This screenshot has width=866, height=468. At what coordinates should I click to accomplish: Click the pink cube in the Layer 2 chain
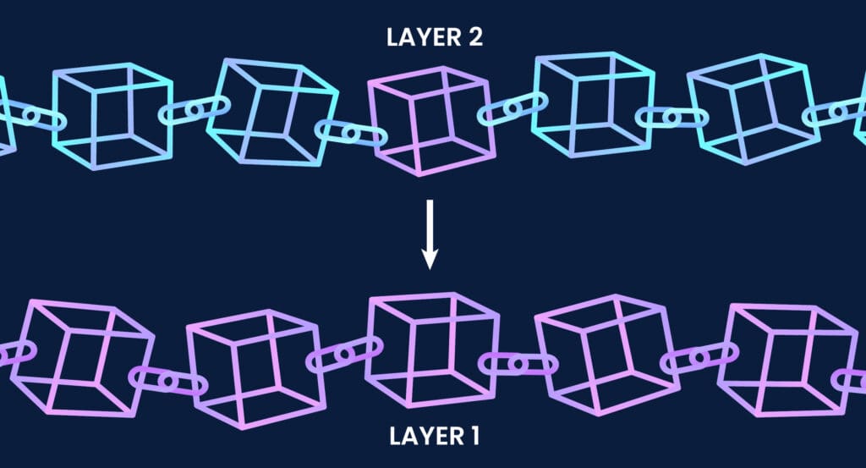click(430, 118)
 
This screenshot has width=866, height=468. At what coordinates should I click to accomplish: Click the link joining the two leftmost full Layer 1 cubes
click(167, 382)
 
